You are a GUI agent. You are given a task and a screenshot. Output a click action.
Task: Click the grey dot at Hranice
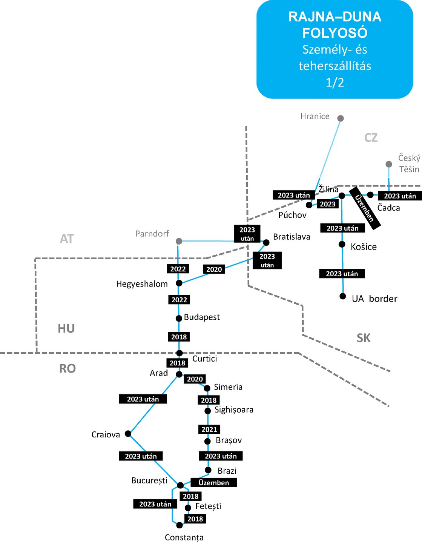pyautogui.click(x=340, y=118)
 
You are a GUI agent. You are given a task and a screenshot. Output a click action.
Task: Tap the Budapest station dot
pyautogui.click(x=179, y=318)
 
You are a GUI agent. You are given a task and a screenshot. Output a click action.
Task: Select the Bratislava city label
pyautogui.click(x=292, y=237)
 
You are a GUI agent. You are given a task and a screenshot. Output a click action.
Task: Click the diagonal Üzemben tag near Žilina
pyautogui.click(x=365, y=208)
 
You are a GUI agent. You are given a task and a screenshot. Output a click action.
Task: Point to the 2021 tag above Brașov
pyautogui.click(x=209, y=429)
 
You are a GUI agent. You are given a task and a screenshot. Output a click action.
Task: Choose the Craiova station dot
pyautogui.click(x=128, y=433)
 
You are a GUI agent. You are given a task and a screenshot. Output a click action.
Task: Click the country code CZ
pyautogui.click(x=371, y=137)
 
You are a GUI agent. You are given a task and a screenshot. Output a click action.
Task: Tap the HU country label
pyautogui.click(x=66, y=328)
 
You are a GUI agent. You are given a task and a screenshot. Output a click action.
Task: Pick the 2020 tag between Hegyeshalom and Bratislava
pyautogui.click(x=214, y=269)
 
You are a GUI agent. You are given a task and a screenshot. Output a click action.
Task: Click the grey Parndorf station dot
pyautogui.click(x=179, y=241)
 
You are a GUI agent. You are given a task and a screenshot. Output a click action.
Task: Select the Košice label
pyautogui.click(x=364, y=247)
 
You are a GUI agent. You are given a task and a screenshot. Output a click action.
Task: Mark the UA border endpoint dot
pyautogui.click(x=342, y=296)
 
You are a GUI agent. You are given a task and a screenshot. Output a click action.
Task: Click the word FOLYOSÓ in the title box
pyautogui.click(x=335, y=33)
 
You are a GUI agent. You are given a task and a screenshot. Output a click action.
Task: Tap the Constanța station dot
pyautogui.click(x=180, y=525)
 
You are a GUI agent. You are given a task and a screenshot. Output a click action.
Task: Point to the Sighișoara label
pyautogui.click(x=234, y=410)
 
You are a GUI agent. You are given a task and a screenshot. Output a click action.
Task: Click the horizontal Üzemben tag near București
pyautogui.click(x=213, y=482)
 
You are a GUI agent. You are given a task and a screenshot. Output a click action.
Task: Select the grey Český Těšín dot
pyautogui.click(x=389, y=164)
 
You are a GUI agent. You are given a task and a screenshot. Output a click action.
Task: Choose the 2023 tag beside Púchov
pyautogui.click(x=327, y=204)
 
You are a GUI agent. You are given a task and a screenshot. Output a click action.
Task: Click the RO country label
pyautogui.click(x=68, y=368)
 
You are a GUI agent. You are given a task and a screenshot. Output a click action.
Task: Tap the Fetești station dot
pyautogui.click(x=188, y=508)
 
